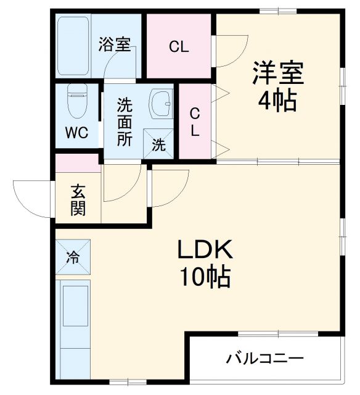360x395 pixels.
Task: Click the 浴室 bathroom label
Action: tap(115, 44)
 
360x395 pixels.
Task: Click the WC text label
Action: tap(77, 133)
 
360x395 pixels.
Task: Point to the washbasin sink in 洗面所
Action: tap(162, 103)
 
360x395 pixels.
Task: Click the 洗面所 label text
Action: tap(125, 122)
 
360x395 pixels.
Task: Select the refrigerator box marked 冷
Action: tap(73, 256)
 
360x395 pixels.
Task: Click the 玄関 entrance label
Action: tap(78, 199)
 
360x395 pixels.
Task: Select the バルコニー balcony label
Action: tap(264, 358)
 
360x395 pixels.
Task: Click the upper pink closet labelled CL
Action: tap(179, 46)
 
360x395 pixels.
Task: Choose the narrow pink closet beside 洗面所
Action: tap(194, 122)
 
